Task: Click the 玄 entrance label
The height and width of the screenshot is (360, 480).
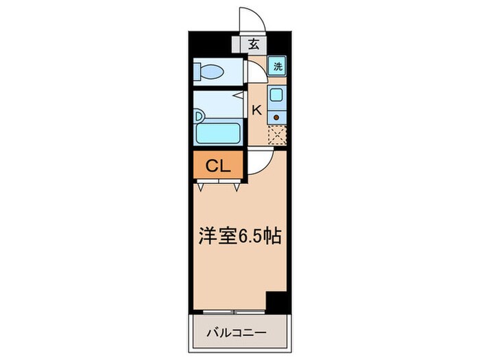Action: pyautogui.click(x=254, y=45)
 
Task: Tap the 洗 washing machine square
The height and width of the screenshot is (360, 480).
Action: pyautogui.click(x=277, y=67)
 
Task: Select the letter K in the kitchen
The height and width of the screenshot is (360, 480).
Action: pyautogui.click(x=257, y=109)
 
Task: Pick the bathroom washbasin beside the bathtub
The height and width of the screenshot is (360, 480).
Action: pyautogui.click(x=200, y=115)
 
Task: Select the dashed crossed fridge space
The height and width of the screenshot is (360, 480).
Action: pyautogui.click(x=276, y=136)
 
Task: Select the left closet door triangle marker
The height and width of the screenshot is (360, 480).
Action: pyautogui.click(x=201, y=184)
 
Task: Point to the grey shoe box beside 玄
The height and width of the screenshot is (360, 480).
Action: pyautogui.click(x=237, y=45)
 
